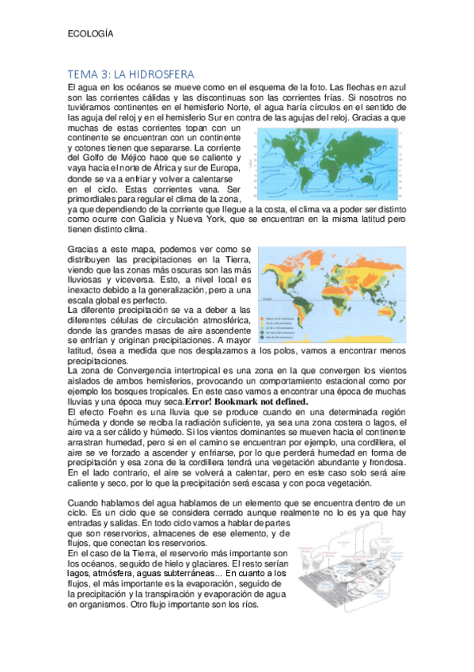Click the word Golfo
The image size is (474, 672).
[93, 158]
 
